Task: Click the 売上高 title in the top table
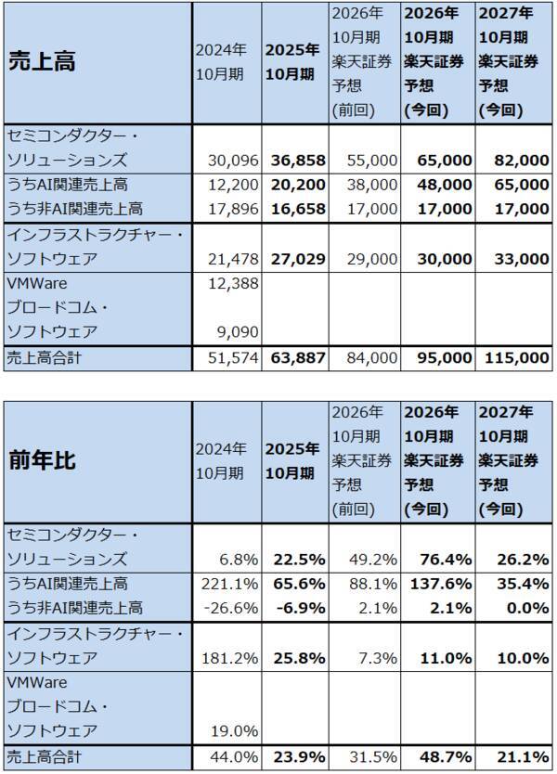coord(42,61)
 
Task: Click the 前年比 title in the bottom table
coord(42,460)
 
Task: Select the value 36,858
coord(295,160)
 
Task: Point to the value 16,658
coord(295,209)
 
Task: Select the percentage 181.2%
coord(225,658)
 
